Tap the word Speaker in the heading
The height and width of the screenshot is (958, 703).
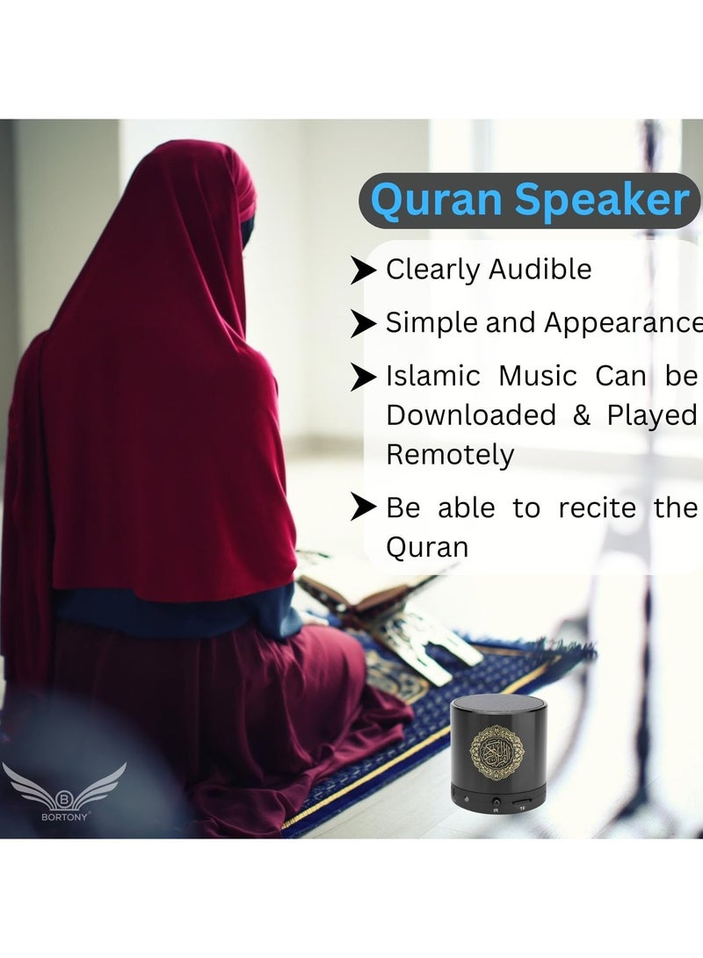click(603, 200)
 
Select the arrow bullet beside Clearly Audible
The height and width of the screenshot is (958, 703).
click(363, 271)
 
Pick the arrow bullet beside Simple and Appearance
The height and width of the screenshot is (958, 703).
click(363, 324)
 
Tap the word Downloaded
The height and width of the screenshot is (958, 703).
click(471, 415)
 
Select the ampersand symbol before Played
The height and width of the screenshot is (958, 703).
click(582, 415)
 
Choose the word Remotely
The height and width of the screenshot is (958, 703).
click(450, 455)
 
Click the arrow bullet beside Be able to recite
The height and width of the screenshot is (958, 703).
click(363, 508)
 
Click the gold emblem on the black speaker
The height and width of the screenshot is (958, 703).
click(502, 748)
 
